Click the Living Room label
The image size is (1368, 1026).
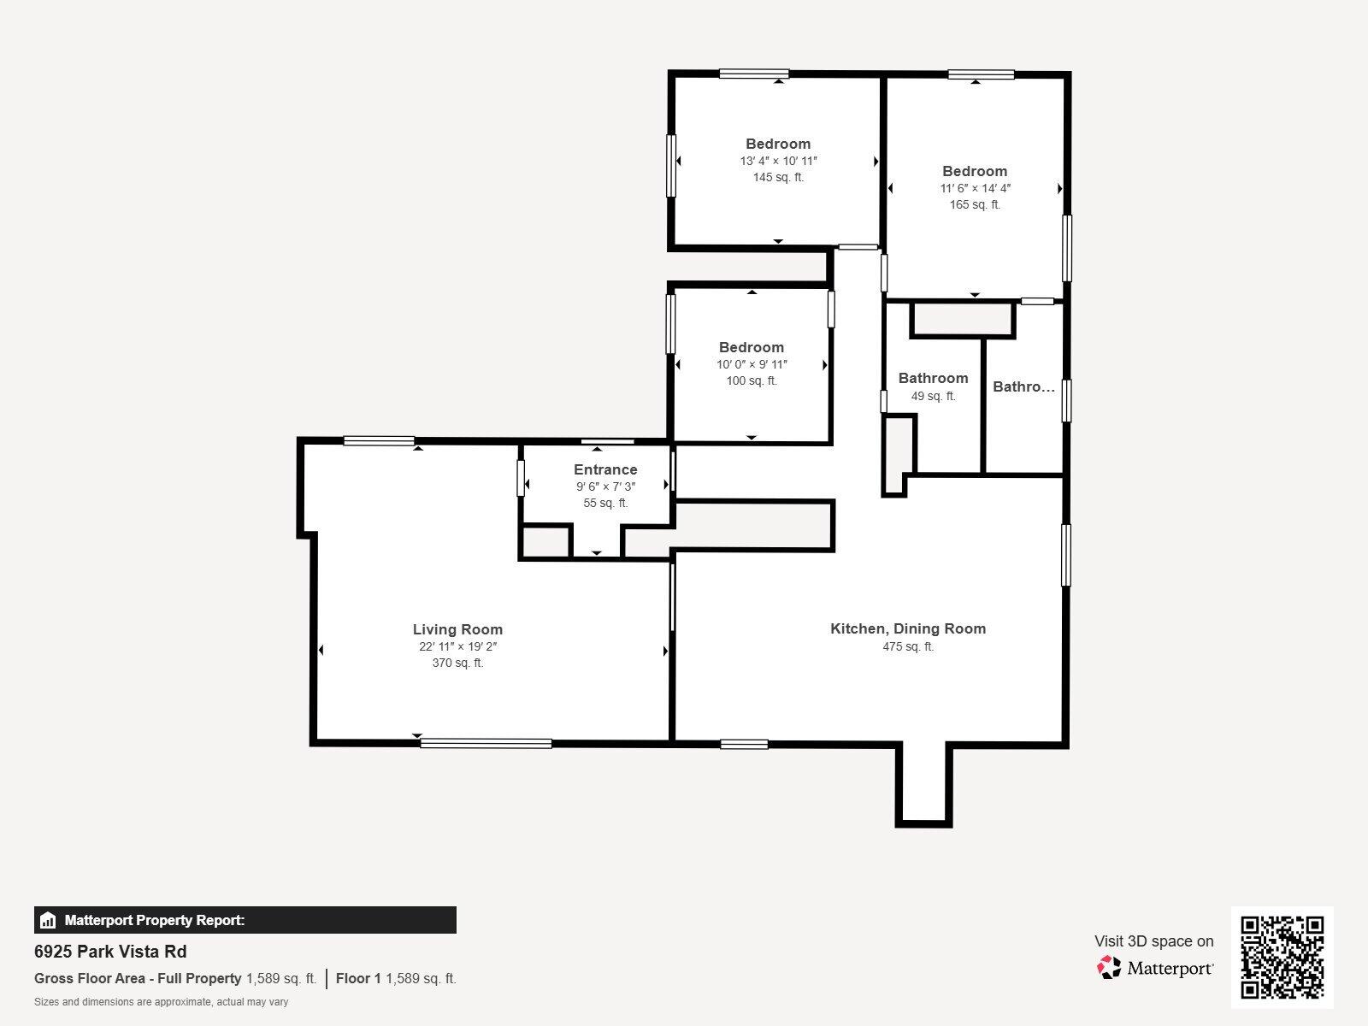click(x=457, y=629)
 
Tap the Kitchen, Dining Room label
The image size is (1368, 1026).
click(x=908, y=628)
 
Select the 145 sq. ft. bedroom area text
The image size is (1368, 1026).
click(x=778, y=178)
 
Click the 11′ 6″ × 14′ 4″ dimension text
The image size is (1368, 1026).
click(x=975, y=188)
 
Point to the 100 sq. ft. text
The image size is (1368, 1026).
click(x=752, y=381)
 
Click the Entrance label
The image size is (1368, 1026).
click(x=605, y=469)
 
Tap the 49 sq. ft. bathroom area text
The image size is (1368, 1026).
click(x=933, y=396)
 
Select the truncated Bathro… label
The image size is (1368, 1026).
click(x=1023, y=386)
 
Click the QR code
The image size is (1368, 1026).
click(x=1282, y=958)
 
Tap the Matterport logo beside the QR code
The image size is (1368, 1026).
click(x=1155, y=968)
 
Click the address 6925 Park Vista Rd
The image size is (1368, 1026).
click(x=110, y=952)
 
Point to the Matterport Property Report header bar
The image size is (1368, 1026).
click(x=245, y=920)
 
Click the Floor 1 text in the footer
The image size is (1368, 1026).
click(x=358, y=978)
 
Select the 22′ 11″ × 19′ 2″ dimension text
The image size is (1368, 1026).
click(x=457, y=646)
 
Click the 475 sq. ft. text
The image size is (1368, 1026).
click(x=908, y=647)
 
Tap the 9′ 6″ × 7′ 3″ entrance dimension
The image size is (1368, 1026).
click(x=605, y=486)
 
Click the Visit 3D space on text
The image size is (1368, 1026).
click(x=1153, y=941)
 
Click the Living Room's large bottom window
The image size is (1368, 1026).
click(x=486, y=743)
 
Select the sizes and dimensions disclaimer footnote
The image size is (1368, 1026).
click(x=161, y=1002)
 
